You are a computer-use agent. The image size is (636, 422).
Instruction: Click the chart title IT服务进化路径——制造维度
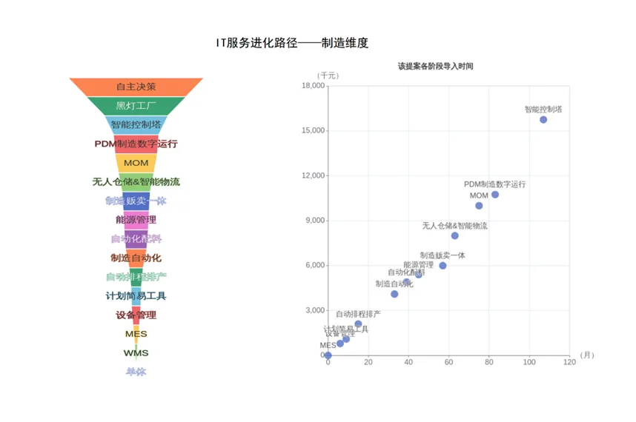coord(291,44)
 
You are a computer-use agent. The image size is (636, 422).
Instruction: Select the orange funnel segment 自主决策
coord(136,87)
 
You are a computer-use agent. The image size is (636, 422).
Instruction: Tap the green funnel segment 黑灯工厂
coord(136,106)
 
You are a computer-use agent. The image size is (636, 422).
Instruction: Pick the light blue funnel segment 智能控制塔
coord(136,124)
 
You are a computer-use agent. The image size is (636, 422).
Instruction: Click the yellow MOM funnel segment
coord(136,163)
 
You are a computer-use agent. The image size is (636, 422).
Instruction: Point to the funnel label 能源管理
coord(136,220)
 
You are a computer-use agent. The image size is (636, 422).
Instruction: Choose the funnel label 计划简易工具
coord(136,296)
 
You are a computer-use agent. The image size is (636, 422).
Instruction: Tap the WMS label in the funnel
coord(136,353)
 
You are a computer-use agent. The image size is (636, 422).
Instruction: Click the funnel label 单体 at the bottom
coord(136,372)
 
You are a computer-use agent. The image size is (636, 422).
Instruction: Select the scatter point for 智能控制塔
coord(543,119)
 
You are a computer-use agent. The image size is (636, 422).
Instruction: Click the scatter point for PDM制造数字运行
coord(495,195)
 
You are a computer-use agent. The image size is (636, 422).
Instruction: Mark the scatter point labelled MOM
coord(479,206)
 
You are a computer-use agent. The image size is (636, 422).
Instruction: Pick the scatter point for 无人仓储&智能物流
coord(454,235)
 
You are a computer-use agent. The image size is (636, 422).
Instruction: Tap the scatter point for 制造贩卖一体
coord(443,266)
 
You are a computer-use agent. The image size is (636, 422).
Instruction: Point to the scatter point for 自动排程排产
coord(358,324)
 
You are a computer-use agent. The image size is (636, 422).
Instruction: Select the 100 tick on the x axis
coord(529,363)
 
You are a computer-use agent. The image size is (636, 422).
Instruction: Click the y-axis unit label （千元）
coord(327,76)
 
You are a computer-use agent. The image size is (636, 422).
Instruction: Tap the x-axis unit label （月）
coord(586,355)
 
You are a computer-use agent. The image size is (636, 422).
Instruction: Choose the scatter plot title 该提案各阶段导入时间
coord(435,66)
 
